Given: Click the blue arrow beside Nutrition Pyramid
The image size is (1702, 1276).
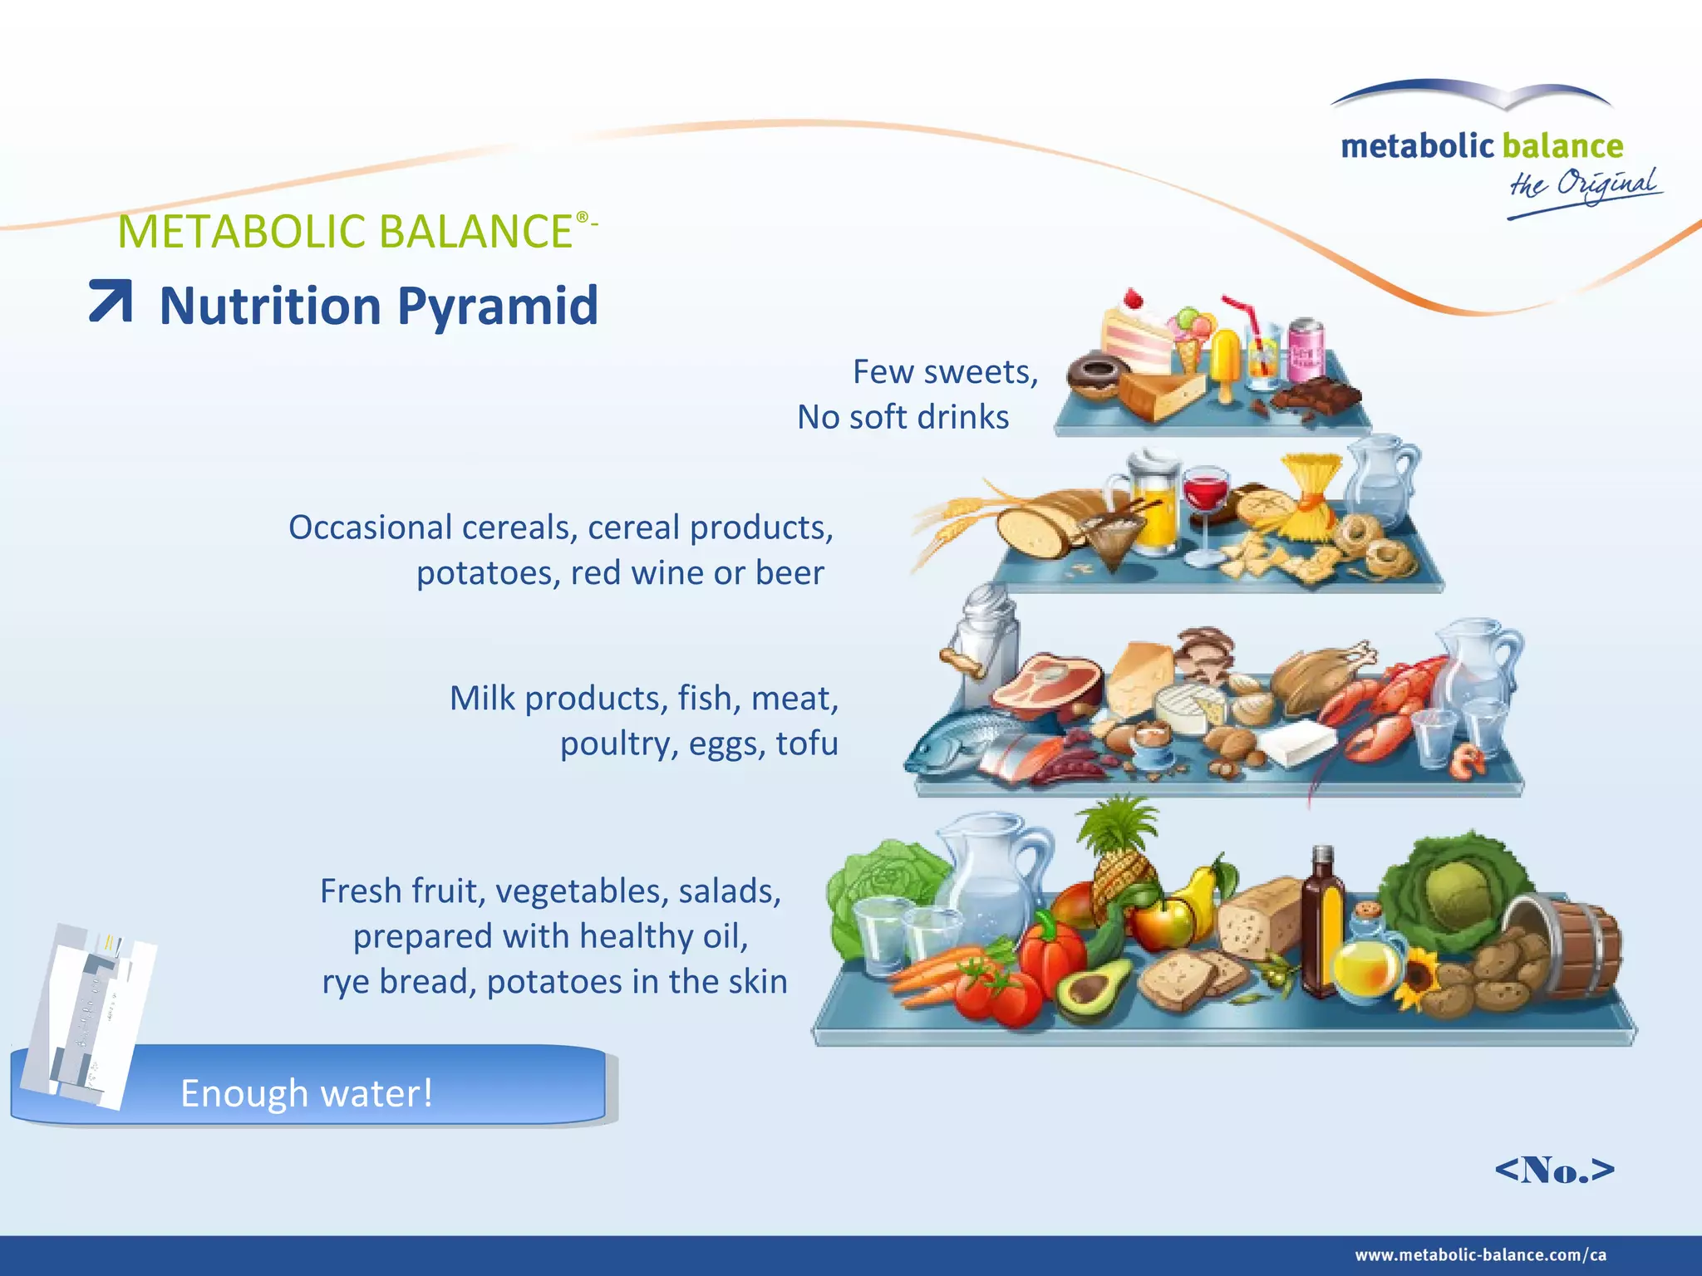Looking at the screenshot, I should click(111, 301).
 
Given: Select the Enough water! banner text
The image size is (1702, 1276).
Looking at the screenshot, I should click(307, 1093).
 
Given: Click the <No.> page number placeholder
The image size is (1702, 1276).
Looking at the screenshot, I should click(1554, 1170).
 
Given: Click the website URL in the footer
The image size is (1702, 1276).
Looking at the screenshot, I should click(1480, 1255).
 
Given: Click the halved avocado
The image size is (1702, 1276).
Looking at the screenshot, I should click(1091, 990).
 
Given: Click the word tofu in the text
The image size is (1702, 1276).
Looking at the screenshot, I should click(807, 743).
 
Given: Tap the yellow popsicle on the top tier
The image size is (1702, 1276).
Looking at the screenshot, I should click(1225, 357).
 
